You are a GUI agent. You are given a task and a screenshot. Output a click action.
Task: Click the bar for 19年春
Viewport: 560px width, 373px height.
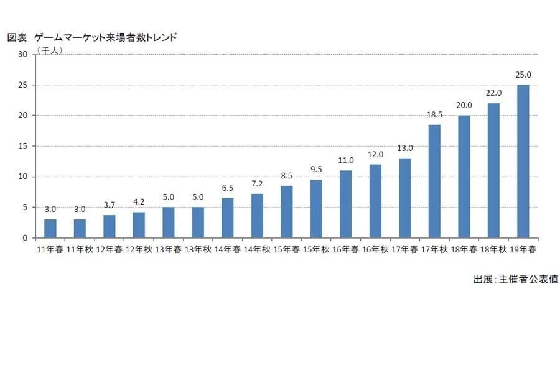523,162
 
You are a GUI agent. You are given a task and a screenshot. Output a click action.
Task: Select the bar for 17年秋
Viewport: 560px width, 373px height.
434,182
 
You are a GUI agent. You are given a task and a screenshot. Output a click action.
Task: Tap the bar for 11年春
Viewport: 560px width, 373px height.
50,229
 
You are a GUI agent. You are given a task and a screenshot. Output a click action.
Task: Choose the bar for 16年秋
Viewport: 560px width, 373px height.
375,201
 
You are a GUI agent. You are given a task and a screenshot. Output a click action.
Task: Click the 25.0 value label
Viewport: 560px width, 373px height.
523,76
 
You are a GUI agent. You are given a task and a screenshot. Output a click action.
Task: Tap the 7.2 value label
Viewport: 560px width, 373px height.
257,185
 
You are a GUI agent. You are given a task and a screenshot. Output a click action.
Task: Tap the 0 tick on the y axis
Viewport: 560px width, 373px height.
25,238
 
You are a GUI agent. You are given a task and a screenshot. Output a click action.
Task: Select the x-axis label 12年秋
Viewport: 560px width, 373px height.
139,250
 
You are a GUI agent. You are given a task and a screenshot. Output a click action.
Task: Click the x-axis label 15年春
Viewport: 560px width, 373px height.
287,250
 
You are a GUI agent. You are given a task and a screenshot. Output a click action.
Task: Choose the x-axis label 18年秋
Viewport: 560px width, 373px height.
493,250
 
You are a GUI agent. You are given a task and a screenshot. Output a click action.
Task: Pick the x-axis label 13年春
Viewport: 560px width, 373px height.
169,250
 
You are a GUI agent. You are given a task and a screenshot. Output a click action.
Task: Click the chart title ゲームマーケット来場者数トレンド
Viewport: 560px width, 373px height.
106,37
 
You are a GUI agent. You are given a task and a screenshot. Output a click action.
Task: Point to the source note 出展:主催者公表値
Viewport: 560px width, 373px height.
515,280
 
